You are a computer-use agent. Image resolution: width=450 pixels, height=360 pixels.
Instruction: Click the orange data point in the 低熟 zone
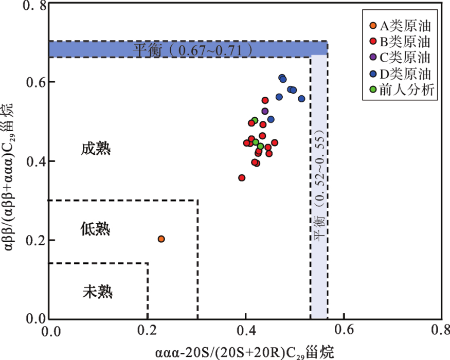click(161, 239)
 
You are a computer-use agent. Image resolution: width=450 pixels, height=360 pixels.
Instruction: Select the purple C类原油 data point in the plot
click(265, 111)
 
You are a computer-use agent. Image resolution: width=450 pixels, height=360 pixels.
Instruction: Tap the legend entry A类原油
click(404, 25)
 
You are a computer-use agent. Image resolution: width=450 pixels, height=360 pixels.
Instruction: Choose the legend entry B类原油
click(404, 41)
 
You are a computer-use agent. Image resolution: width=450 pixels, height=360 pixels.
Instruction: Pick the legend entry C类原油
click(404, 57)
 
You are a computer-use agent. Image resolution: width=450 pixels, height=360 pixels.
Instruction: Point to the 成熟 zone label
click(96, 149)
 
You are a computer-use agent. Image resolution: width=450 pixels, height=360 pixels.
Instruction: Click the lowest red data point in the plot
click(242, 178)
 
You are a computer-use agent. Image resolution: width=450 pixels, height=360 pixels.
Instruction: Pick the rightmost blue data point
click(301, 99)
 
